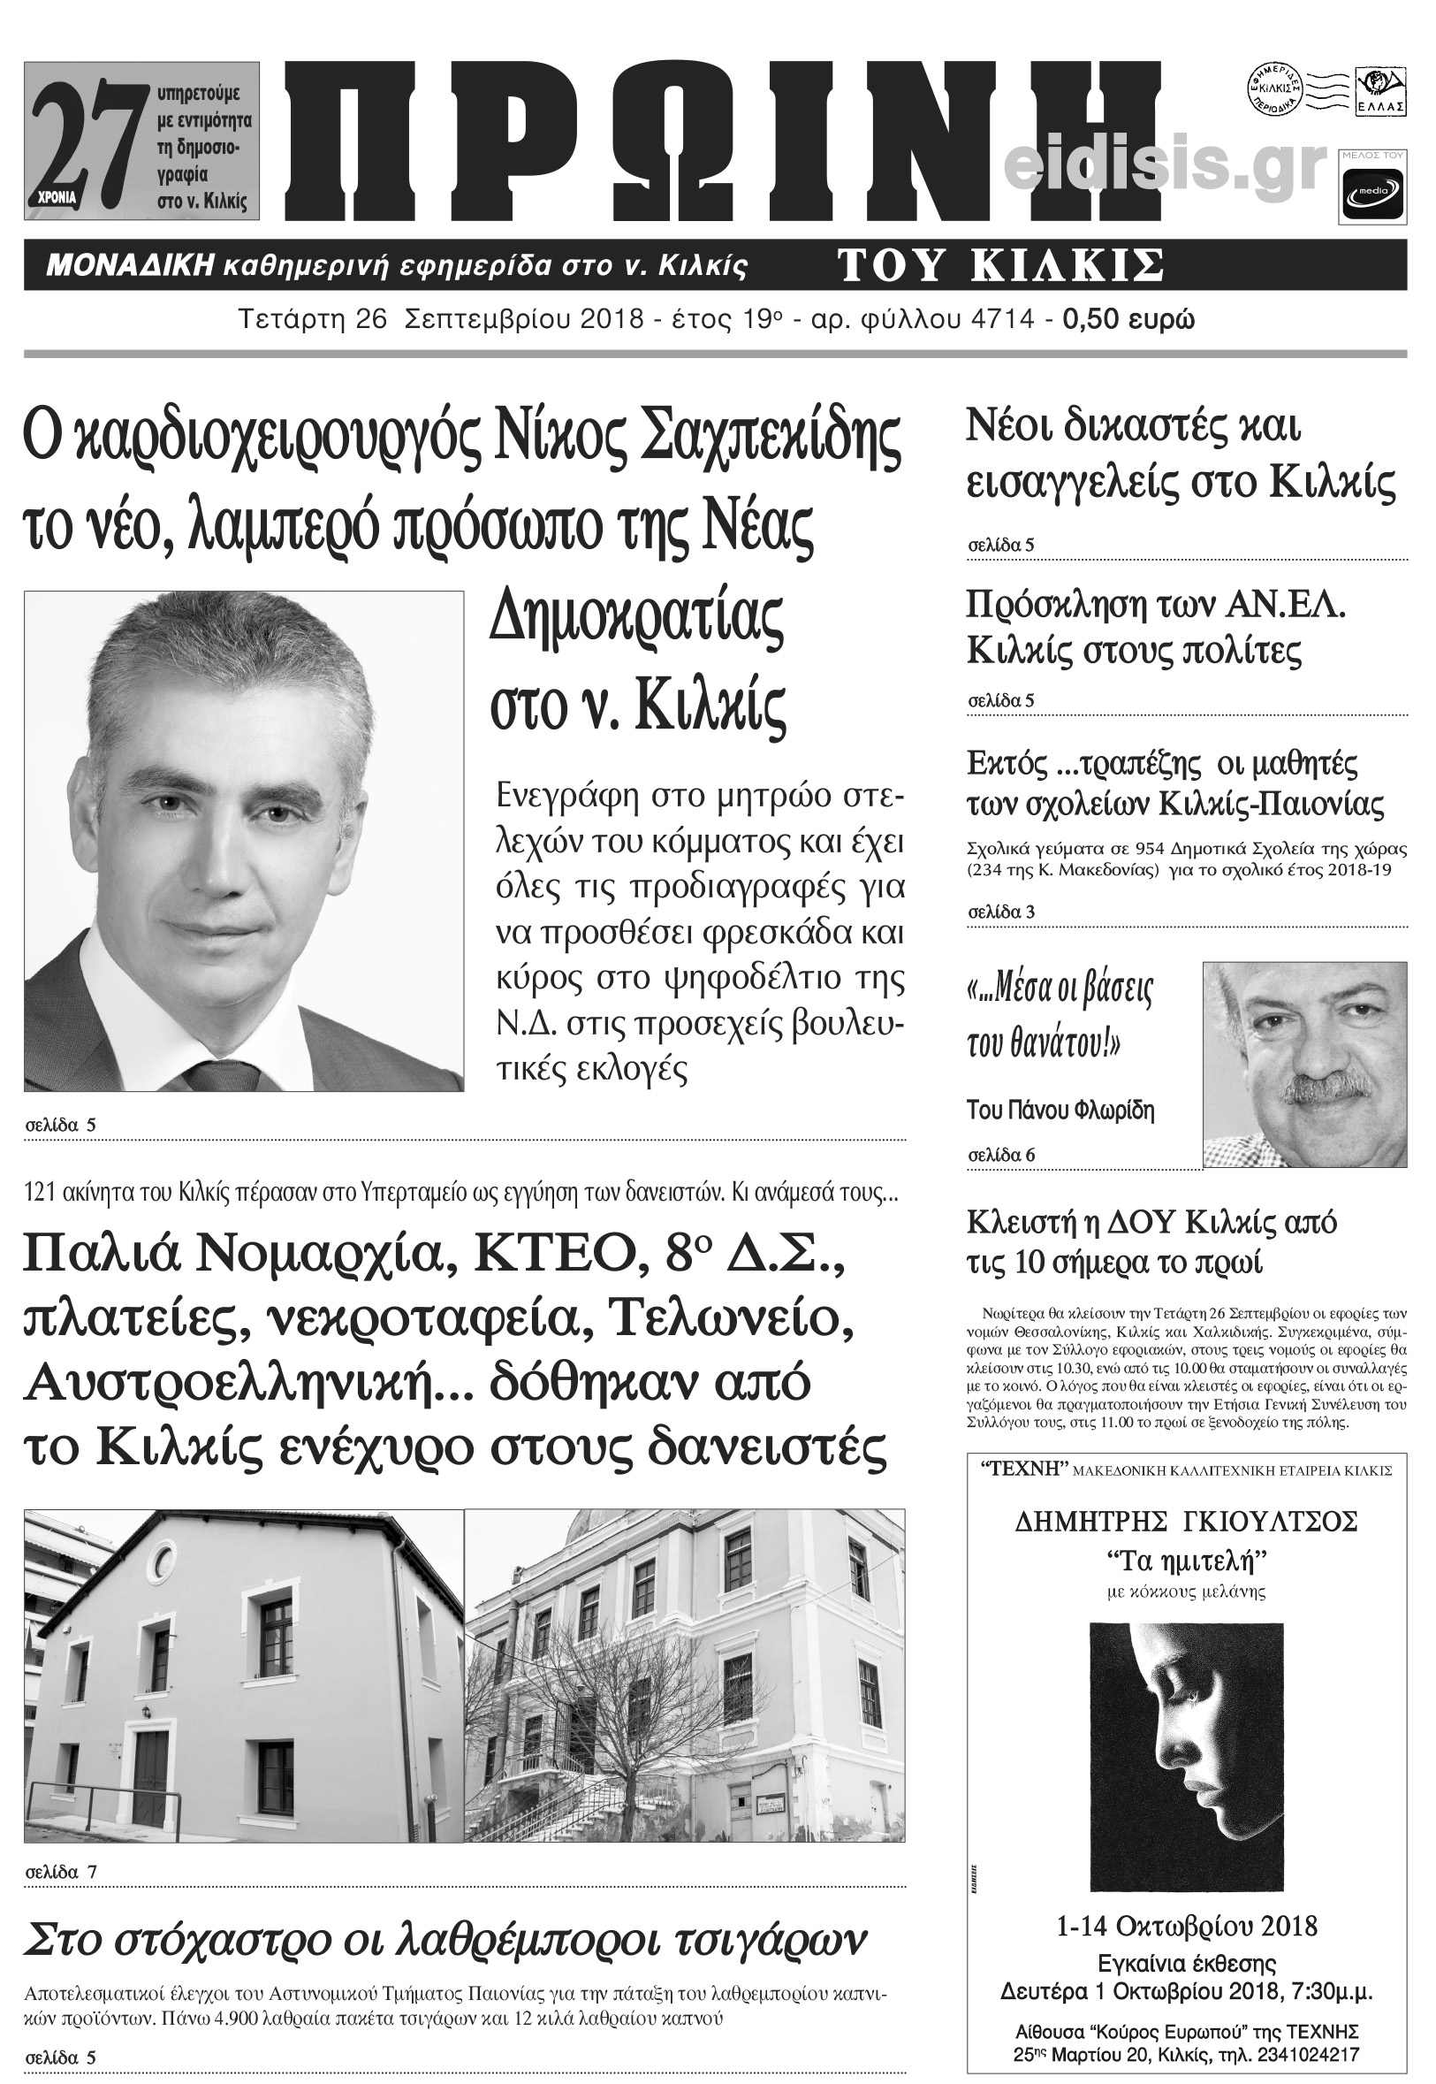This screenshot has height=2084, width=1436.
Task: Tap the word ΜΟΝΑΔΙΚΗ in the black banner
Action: point(130,265)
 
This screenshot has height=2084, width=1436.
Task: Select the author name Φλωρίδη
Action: point(1113,1111)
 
